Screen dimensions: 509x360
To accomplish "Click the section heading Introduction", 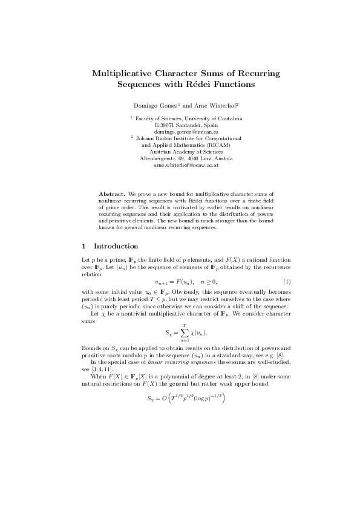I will tap(116, 246).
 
